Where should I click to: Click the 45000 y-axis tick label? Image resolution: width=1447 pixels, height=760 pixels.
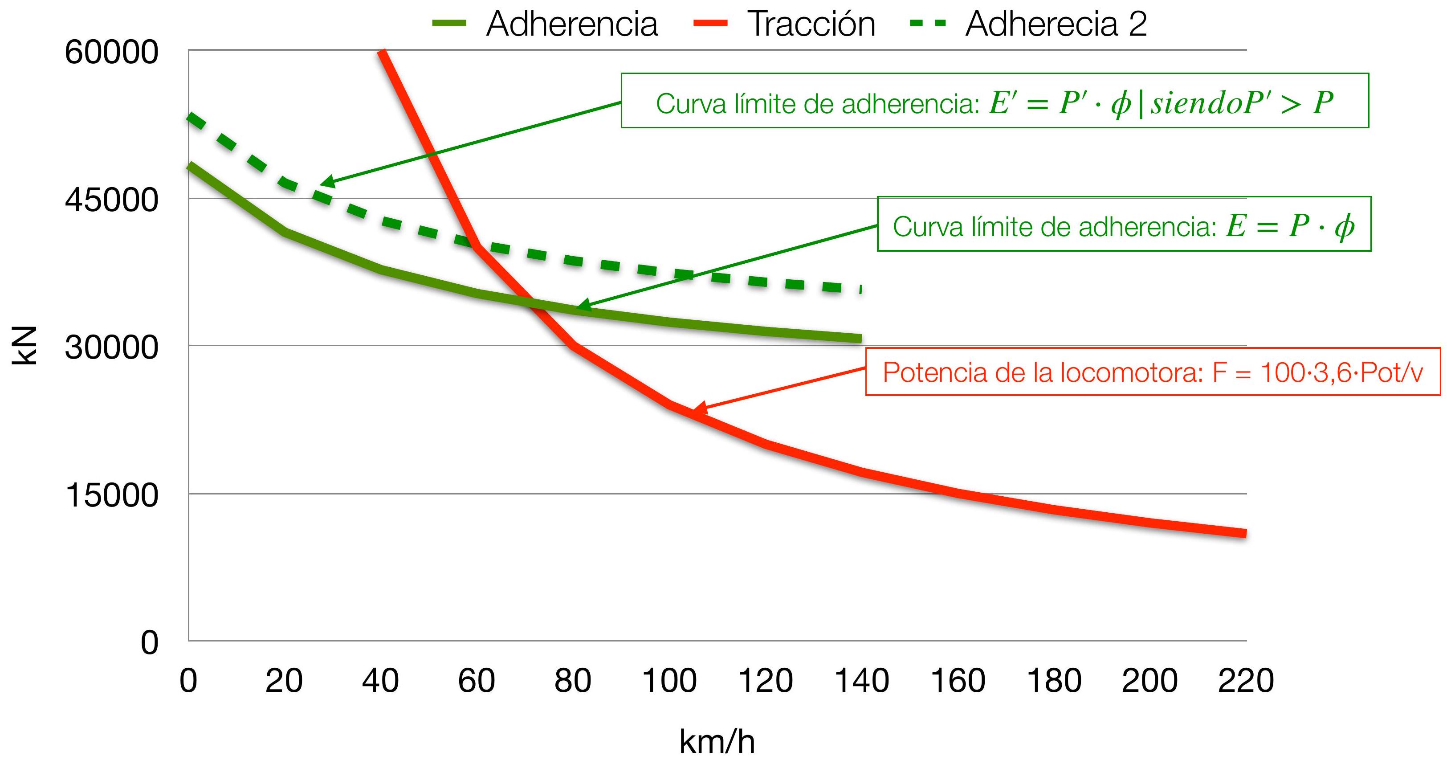[112, 200]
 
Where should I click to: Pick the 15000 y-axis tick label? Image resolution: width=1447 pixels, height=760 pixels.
[112, 495]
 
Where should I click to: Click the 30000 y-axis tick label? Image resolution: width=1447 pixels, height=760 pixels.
[112, 347]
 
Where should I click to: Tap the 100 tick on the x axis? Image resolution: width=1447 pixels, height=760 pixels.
[669, 681]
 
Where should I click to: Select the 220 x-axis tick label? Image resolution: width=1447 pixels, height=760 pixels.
[1246, 681]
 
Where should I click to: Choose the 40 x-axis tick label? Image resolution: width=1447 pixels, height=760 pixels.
[380, 681]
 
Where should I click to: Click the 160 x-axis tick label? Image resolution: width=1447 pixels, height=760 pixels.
[958, 681]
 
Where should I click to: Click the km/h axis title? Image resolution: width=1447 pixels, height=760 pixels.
[717, 741]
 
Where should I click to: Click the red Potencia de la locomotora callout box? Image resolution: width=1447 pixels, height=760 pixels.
[1153, 372]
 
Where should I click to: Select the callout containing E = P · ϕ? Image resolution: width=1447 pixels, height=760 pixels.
[1124, 224]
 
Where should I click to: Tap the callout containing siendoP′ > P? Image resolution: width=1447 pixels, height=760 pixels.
[994, 101]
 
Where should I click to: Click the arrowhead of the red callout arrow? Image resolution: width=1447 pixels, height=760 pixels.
[697, 411]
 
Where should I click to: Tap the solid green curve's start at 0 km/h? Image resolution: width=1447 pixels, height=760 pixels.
[191, 166]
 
